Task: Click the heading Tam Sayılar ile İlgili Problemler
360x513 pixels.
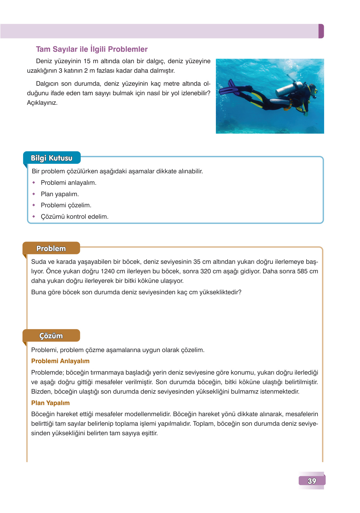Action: (x=92, y=49)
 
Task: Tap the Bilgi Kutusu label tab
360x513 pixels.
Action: (x=52, y=158)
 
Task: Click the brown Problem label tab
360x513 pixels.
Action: (x=51, y=249)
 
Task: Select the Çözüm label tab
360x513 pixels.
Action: (x=51, y=336)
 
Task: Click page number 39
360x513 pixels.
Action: (x=312, y=481)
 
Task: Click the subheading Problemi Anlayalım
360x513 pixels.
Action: (x=60, y=361)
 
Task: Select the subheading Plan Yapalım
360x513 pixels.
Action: (x=50, y=403)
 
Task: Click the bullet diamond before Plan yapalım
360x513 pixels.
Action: (x=34, y=194)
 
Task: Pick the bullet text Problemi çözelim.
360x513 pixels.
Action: (x=66, y=205)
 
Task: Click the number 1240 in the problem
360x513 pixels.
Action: (x=108, y=271)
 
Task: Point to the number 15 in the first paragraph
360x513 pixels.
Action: (x=87, y=61)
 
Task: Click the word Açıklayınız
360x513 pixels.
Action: (x=42, y=103)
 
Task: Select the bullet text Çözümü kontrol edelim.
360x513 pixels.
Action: (x=75, y=217)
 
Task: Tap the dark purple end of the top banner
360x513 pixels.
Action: (x=321, y=31)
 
